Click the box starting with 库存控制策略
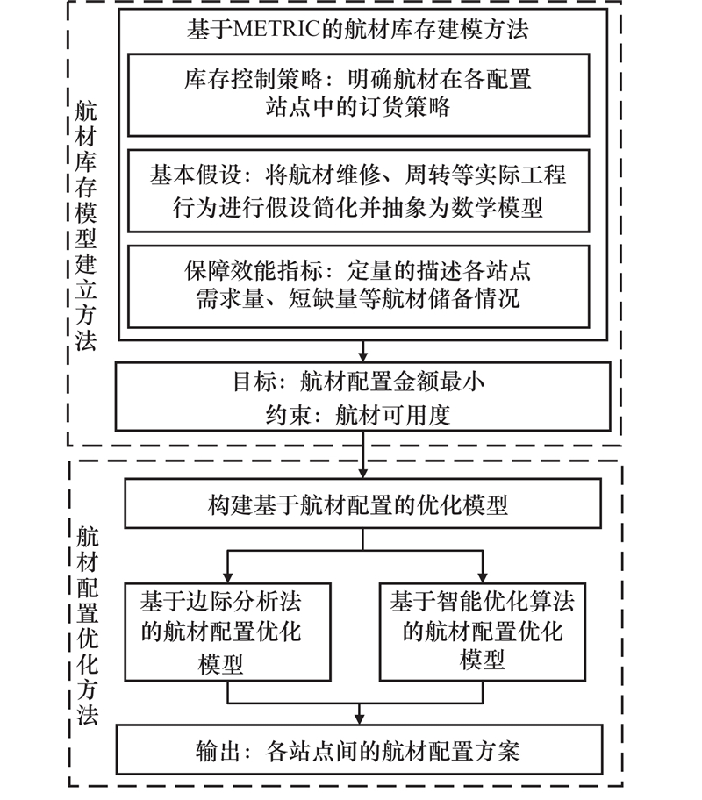(362, 95)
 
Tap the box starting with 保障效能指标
(362, 285)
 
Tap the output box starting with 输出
(362, 748)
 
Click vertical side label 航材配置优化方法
(88, 614)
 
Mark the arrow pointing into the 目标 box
(362, 356)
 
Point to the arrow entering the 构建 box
(362, 472)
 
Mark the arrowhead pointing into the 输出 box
(362, 718)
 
